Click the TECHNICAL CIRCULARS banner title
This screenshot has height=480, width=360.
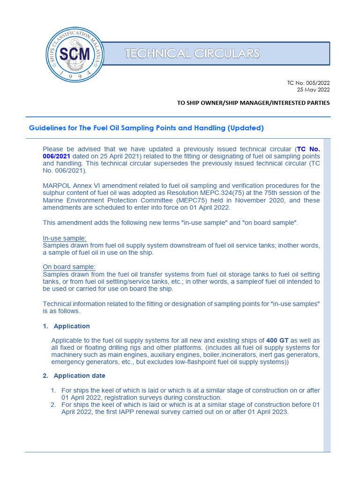192,54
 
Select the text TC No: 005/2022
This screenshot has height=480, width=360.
308,83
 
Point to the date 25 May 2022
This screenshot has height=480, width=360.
314,90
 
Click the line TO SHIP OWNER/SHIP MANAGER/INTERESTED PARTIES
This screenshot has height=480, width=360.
253,103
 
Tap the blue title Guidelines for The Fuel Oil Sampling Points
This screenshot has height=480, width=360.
146,128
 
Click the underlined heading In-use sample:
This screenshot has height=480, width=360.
65,238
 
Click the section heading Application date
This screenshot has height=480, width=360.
79,375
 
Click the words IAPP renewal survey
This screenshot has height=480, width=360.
161,412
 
